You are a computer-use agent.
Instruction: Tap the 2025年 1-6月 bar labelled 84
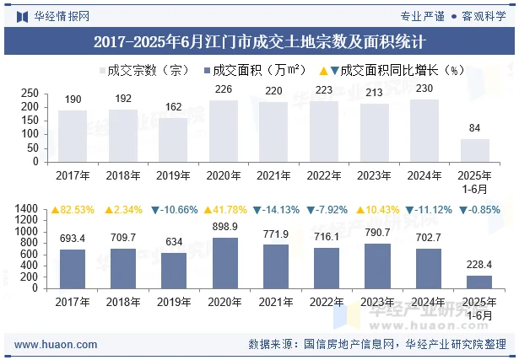click(x=474, y=150)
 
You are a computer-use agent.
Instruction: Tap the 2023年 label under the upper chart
click(x=374, y=175)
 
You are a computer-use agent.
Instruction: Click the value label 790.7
click(x=374, y=233)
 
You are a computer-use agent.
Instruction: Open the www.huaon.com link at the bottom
click(x=56, y=344)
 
